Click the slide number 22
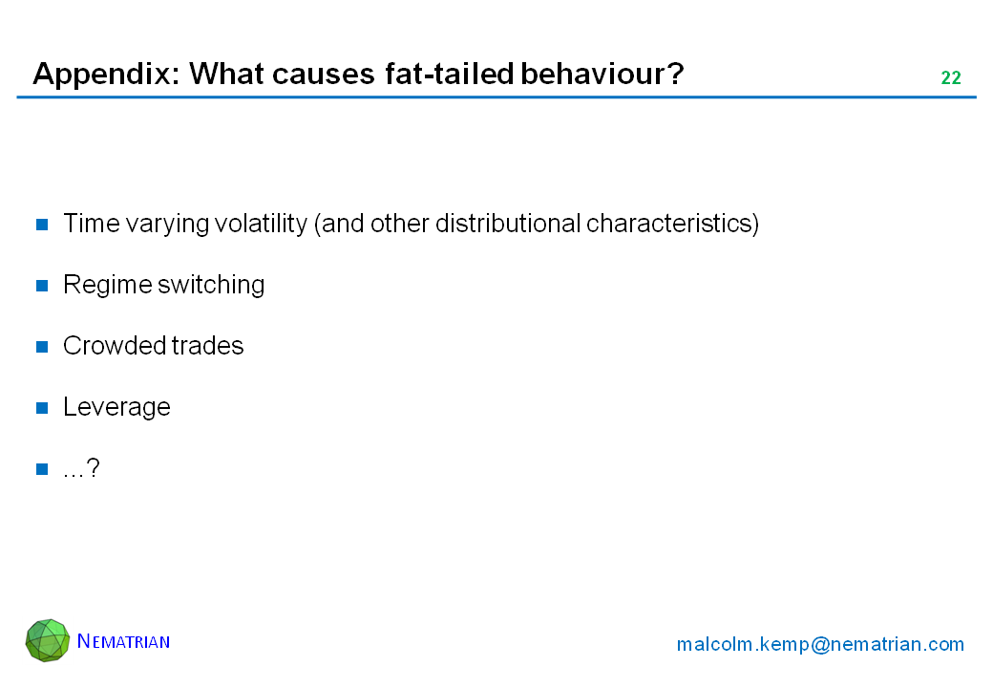951,77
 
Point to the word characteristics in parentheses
672,224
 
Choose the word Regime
108,286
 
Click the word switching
211,286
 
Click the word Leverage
117,407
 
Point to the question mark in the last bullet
93,467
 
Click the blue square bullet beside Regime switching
42,286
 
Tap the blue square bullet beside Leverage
42,408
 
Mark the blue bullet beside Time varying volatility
42,225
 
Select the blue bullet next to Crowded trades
42,347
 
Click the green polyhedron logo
48,640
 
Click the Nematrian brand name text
123,641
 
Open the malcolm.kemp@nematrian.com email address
820,644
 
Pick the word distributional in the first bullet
508,224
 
